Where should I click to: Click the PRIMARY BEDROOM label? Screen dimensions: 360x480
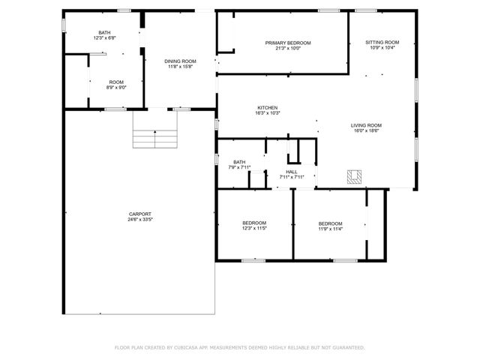point(287,43)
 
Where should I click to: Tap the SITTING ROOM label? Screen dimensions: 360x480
point(382,42)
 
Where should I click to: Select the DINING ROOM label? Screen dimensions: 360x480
point(180,61)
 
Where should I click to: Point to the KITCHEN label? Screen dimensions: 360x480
point(268,107)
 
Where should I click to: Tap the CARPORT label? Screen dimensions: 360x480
point(139,214)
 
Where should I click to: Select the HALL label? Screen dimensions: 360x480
point(291,172)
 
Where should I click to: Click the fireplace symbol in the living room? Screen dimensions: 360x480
point(355,177)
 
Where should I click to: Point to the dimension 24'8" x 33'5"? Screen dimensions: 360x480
point(139,220)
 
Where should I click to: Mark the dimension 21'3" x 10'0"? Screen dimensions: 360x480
point(287,49)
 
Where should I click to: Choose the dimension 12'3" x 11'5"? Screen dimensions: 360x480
point(254,229)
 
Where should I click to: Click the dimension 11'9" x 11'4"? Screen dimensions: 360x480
point(330,229)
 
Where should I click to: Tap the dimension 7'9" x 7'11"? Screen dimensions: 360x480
point(239,167)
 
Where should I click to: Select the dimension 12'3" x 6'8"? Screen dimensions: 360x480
point(104,37)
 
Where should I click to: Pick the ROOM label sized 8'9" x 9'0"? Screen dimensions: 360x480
point(116,82)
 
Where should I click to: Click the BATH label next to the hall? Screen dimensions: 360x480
point(239,162)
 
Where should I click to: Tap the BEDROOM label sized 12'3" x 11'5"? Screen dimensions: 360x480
point(254,223)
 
